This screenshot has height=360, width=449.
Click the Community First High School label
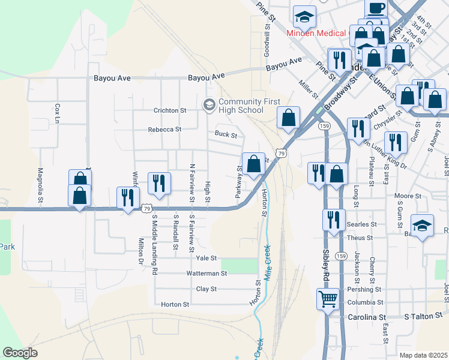tap(241, 106)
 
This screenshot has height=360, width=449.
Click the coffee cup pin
tap(376, 8)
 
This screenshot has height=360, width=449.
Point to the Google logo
tap(20, 353)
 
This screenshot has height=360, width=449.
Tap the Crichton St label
tap(170, 110)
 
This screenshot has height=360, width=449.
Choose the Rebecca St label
tap(164, 129)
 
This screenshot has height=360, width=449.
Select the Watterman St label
tap(206, 273)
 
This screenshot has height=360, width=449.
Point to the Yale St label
tap(206, 257)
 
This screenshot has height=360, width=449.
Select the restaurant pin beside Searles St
tap(334, 221)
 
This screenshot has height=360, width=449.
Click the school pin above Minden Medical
tap(304, 16)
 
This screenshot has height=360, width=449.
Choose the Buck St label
tap(226, 135)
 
